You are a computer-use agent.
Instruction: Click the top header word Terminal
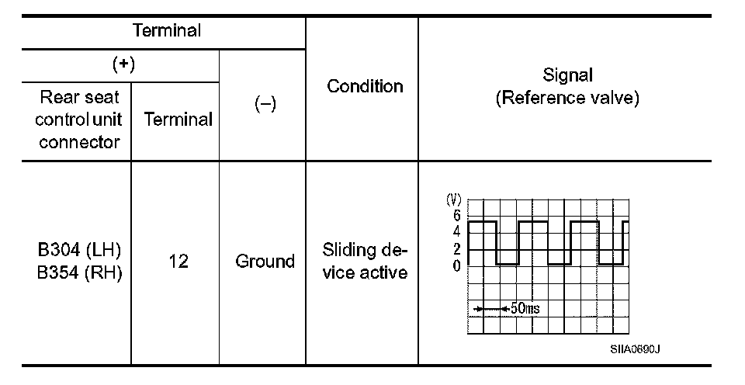167,31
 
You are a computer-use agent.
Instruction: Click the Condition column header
365,86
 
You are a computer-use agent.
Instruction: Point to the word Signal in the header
569,76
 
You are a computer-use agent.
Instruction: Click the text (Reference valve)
569,99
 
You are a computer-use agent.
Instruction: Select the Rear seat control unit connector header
77,120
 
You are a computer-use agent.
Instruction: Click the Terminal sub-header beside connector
178,120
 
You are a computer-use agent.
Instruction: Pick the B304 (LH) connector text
80,251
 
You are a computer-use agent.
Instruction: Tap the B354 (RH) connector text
80,273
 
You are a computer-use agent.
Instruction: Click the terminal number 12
178,262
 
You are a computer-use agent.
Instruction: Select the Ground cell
265,262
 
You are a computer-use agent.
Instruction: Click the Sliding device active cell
365,262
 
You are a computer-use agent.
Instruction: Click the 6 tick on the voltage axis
456,215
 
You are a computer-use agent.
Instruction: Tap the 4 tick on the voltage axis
456,231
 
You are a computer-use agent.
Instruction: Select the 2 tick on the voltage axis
456,249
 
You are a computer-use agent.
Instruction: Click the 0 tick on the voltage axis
456,265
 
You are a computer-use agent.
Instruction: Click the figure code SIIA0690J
635,349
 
